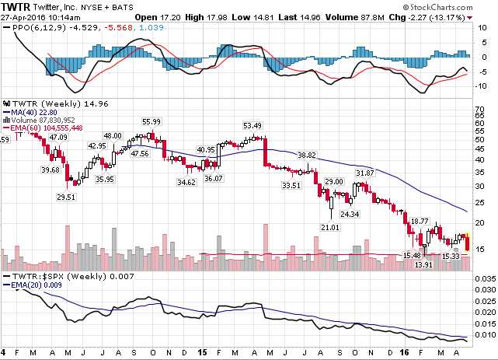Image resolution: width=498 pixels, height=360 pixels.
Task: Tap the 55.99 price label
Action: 151,121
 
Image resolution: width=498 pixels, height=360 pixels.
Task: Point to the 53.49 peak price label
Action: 252,125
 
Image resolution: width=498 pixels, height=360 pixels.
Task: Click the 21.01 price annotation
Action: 331,226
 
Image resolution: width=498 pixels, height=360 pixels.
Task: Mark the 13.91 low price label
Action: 423,265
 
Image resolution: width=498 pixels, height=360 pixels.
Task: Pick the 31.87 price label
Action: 364,173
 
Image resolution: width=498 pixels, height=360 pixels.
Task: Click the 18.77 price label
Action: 420,221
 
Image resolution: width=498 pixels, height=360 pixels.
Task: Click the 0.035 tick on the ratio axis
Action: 484,278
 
